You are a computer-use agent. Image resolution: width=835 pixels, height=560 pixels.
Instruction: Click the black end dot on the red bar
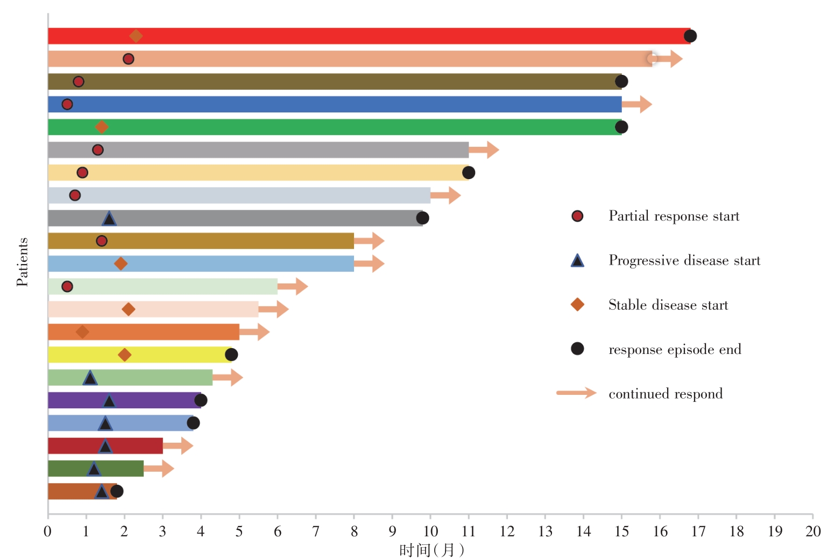pyautogui.click(x=690, y=36)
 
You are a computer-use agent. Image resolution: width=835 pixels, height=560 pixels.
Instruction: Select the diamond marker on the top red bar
pyautogui.click(x=136, y=36)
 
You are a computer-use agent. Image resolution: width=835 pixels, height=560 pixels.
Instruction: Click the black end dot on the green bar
pyautogui.click(x=621, y=127)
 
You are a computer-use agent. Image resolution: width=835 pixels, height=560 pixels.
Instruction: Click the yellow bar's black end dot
pyautogui.click(x=231, y=355)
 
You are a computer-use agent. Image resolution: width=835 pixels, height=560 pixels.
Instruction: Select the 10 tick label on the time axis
pyautogui.click(x=430, y=531)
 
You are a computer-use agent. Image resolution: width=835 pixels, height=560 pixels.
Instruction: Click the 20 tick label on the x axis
pyautogui.click(x=813, y=531)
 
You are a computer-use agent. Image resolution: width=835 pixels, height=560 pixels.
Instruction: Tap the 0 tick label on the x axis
pyautogui.click(x=48, y=531)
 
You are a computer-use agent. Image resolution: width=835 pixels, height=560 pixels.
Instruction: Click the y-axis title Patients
pyautogui.click(x=22, y=262)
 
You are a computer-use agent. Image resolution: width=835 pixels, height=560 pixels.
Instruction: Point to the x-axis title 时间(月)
pyautogui.click(x=431, y=550)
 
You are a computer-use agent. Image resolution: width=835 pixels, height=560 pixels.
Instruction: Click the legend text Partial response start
pyautogui.click(x=674, y=216)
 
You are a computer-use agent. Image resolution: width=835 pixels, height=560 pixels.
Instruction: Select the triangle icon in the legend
pyautogui.click(x=577, y=261)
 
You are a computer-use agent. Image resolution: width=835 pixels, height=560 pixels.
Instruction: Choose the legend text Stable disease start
pyautogui.click(x=668, y=306)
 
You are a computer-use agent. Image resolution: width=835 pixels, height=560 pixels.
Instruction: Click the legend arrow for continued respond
pyautogui.click(x=576, y=393)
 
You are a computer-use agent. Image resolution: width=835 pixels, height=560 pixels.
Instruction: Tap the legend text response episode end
pyautogui.click(x=675, y=350)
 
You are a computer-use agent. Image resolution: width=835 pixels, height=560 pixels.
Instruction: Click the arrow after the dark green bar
pyautogui.click(x=160, y=469)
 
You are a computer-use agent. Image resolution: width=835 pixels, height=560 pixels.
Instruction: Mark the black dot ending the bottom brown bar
pyautogui.click(x=117, y=491)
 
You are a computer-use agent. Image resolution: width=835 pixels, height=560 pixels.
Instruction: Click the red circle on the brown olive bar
pyautogui.click(x=79, y=82)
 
